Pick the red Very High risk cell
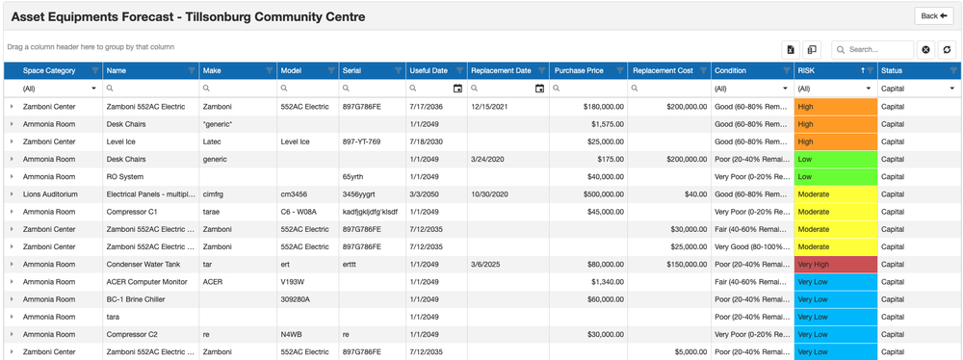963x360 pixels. pos(835,264)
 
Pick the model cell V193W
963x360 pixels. pos(293,281)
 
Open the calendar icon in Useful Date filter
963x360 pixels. pos(457,89)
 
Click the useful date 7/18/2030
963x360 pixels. pos(429,141)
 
